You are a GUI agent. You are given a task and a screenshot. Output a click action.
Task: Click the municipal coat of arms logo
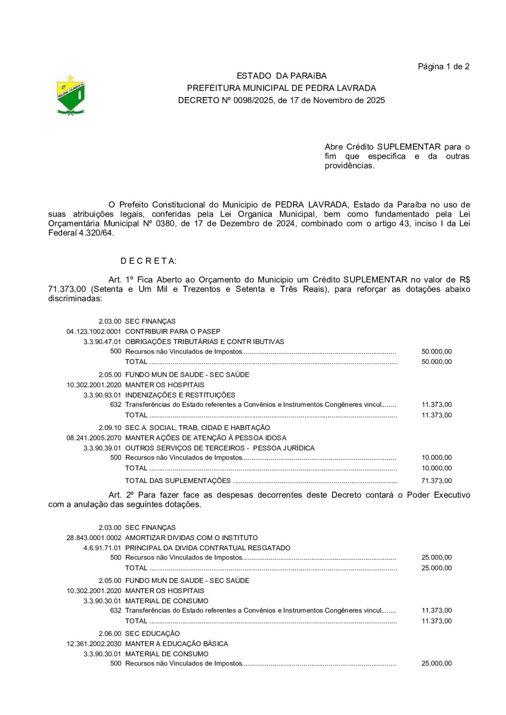click(x=70, y=96)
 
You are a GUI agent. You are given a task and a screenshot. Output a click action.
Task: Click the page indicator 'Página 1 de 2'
click(x=443, y=67)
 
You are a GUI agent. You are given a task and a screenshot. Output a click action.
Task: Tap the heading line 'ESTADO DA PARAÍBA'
click(x=281, y=76)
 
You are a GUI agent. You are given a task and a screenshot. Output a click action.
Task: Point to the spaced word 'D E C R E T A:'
click(x=148, y=261)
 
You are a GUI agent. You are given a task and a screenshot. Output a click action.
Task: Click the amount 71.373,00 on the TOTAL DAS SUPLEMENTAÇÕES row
click(x=436, y=481)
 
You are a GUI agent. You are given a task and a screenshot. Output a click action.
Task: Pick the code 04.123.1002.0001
click(x=94, y=332)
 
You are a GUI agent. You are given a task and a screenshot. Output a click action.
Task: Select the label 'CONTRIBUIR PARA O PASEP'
click(x=173, y=332)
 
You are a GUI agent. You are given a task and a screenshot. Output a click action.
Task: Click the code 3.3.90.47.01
click(x=102, y=342)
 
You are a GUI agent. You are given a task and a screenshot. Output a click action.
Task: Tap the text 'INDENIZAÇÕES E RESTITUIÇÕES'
click(x=180, y=395)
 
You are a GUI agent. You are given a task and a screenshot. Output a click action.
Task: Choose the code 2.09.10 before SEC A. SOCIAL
click(x=110, y=428)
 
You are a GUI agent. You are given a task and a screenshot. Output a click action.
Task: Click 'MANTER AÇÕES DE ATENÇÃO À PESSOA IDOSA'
click(x=205, y=438)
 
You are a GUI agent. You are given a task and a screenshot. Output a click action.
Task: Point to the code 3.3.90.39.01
click(x=102, y=448)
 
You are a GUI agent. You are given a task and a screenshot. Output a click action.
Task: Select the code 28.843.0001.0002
click(x=94, y=538)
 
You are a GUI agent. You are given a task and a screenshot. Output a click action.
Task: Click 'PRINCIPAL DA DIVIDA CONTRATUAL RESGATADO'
click(x=207, y=548)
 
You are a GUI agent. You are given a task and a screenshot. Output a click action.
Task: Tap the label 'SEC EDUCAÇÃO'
click(x=152, y=634)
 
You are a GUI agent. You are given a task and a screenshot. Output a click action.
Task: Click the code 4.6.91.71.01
click(x=102, y=548)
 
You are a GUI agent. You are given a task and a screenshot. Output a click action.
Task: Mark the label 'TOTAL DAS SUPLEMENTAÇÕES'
click(x=178, y=481)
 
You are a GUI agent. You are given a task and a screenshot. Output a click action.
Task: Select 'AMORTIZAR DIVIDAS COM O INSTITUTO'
click(x=191, y=538)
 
